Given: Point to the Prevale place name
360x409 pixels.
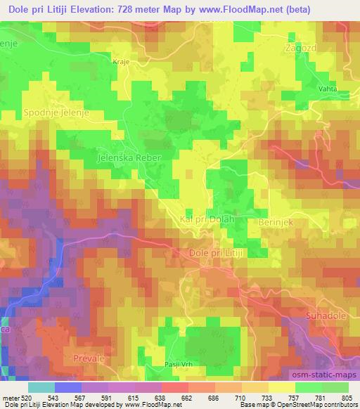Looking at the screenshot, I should point(89,358).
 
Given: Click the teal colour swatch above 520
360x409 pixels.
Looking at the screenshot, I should point(41,387).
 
